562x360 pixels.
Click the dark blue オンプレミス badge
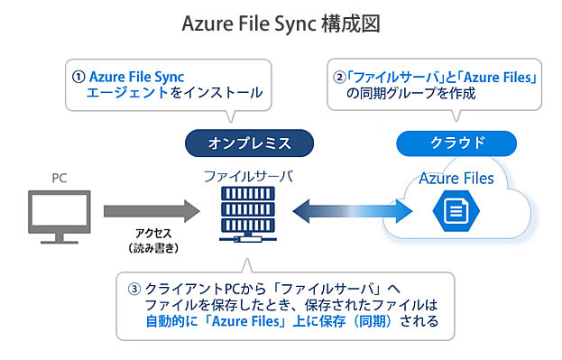[249, 143]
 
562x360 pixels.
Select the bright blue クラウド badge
[456, 143]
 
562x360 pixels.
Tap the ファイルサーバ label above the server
[247, 175]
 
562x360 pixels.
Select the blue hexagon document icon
[456, 213]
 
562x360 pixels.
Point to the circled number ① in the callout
[78, 76]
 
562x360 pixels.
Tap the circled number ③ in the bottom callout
[134, 289]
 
